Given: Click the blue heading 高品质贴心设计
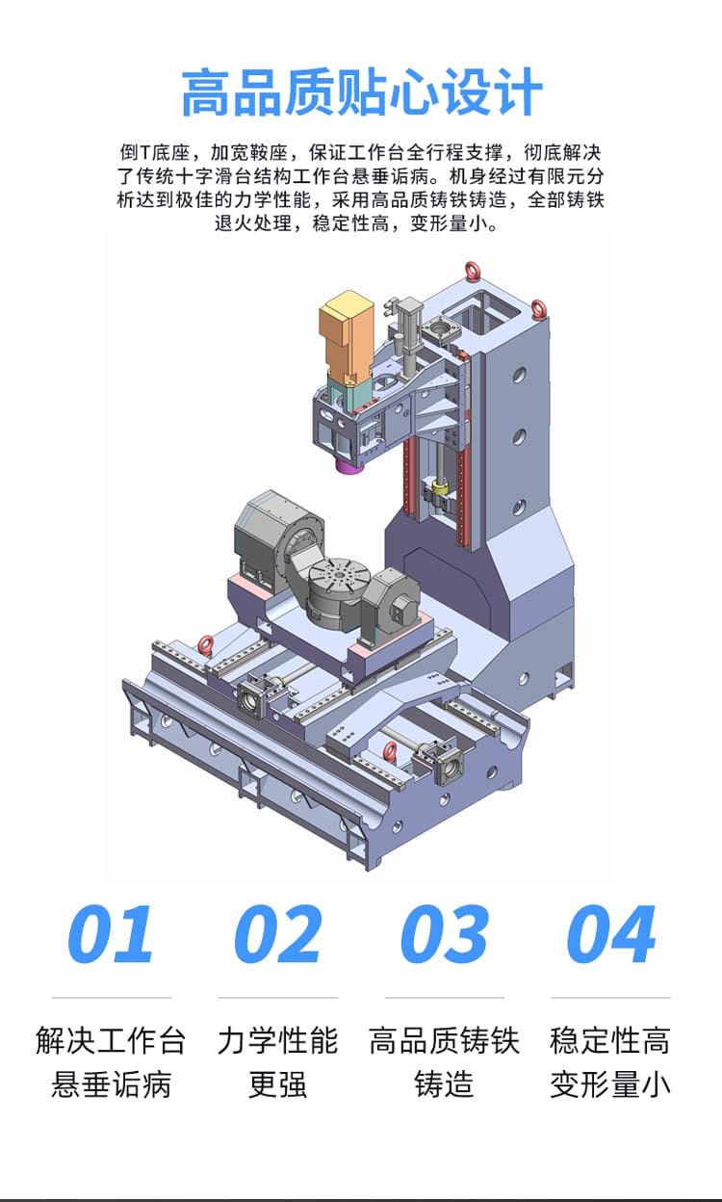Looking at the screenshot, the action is [362, 91].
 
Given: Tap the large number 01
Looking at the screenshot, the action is [111, 934].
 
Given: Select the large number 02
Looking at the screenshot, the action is [278, 934].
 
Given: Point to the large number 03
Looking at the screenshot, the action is [445, 934].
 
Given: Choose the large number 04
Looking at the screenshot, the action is [611, 934].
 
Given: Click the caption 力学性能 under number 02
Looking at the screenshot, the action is [278, 1041].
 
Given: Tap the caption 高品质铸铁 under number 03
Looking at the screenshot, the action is [444, 1041].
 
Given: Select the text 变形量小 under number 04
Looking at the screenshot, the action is [610, 1084].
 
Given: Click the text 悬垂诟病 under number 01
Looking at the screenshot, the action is [111, 1084].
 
